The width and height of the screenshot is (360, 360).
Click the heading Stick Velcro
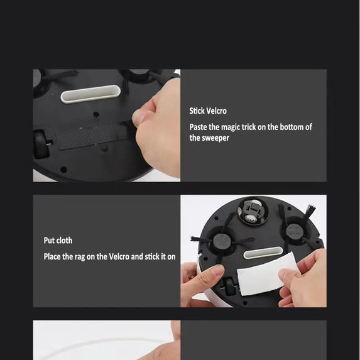[x=208, y=111]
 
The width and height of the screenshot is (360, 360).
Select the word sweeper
[x=215, y=138]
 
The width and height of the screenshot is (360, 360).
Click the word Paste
[x=200, y=127]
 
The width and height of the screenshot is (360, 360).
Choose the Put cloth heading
[x=58, y=241]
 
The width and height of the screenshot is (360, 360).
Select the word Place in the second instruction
[x=53, y=257]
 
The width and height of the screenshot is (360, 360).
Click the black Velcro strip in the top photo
[x=94, y=134]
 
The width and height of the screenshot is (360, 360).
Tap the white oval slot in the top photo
[x=90, y=94]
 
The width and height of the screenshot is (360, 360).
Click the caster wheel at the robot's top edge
[x=250, y=210]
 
